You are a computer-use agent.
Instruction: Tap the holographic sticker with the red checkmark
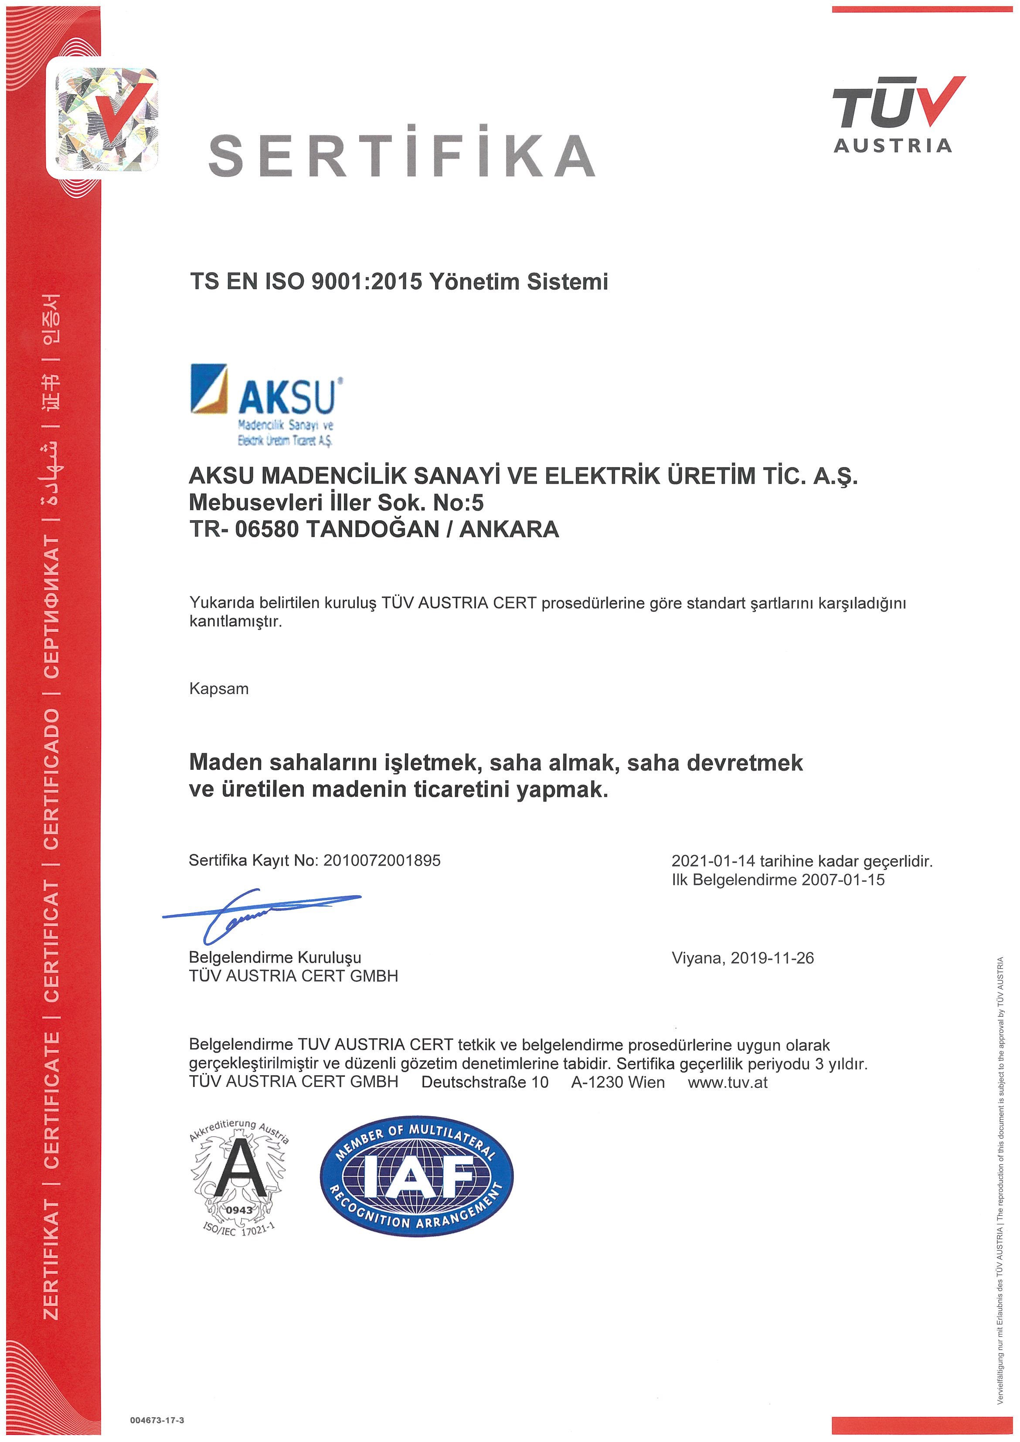pyautogui.click(x=106, y=118)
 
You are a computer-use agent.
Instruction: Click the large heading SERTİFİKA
pyautogui.click(x=402, y=155)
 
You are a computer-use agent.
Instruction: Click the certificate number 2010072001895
pyautogui.click(x=382, y=860)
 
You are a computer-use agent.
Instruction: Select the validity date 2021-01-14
pyautogui.click(x=713, y=861)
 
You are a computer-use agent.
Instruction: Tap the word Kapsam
pyautogui.click(x=219, y=689)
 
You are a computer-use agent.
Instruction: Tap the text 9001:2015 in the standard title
pyautogui.click(x=367, y=282)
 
